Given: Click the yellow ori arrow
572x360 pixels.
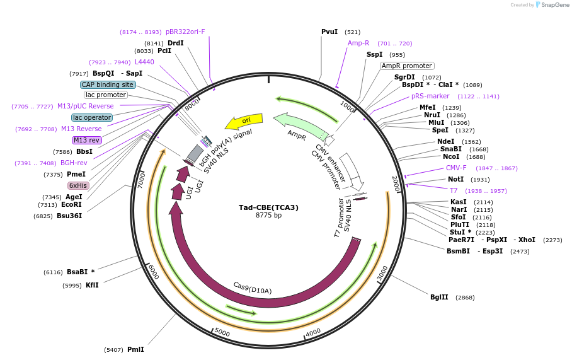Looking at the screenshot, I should (244, 120).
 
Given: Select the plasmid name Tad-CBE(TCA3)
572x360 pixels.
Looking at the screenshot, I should (268, 207).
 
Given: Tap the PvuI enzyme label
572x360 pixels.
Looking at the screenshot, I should (329, 32).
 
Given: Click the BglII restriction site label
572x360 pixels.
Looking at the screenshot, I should (439, 297).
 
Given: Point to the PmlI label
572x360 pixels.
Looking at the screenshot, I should (135, 349).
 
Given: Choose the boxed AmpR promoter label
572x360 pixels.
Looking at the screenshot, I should (407, 66).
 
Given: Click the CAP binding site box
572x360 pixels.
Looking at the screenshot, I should (108, 84).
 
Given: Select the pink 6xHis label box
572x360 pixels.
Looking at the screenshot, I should (78, 185).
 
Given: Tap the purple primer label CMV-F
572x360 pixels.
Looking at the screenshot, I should (456, 168).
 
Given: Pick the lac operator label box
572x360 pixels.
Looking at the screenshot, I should (92, 117).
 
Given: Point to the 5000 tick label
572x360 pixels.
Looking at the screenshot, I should (222, 332).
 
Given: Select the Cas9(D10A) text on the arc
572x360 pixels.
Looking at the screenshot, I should (252, 287).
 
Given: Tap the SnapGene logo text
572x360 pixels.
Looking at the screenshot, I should (555, 5).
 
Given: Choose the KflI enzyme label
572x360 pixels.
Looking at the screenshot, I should (92, 285).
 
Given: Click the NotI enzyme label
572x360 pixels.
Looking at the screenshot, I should (455, 180).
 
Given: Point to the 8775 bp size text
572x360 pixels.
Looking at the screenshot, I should (268, 216).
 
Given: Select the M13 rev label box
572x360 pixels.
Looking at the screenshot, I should (86, 140).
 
